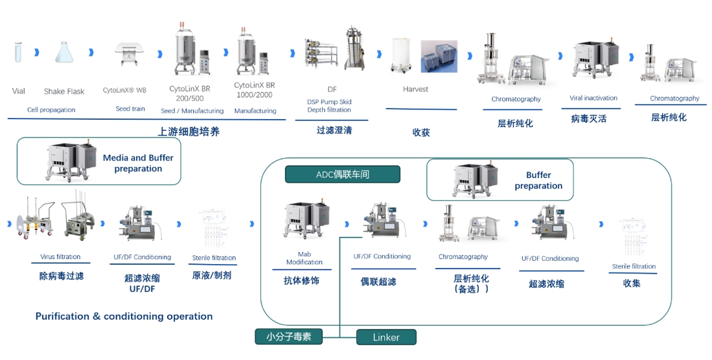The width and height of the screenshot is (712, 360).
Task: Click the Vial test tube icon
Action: click(x=18, y=52)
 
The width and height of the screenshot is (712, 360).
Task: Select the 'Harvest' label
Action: click(x=415, y=89)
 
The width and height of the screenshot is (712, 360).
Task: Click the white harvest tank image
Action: click(x=402, y=54)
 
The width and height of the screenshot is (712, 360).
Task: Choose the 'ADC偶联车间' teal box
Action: click(x=343, y=174)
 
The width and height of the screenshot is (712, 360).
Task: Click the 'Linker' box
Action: click(x=386, y=337)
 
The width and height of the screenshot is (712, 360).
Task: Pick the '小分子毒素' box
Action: click(x=288, y=337)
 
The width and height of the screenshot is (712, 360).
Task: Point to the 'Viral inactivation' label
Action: click(x=593, y=98)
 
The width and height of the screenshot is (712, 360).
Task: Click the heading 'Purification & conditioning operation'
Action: click(x=124, y=317)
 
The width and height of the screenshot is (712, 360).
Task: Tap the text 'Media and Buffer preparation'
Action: click(x=138, y=163)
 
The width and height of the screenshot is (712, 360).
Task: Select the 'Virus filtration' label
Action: click(x=61, y=257)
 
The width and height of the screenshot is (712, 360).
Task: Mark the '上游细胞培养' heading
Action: click(x=189, y=132)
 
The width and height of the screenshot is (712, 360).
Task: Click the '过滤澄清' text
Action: click(x=334, y=129)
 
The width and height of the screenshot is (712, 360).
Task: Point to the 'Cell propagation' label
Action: click(x=51, y=110)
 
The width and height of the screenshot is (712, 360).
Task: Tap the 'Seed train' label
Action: click(x=130, y=109)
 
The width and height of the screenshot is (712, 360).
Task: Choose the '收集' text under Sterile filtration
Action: click(x=632, y=283)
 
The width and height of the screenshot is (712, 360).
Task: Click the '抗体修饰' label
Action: click(x=301, y=281)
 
